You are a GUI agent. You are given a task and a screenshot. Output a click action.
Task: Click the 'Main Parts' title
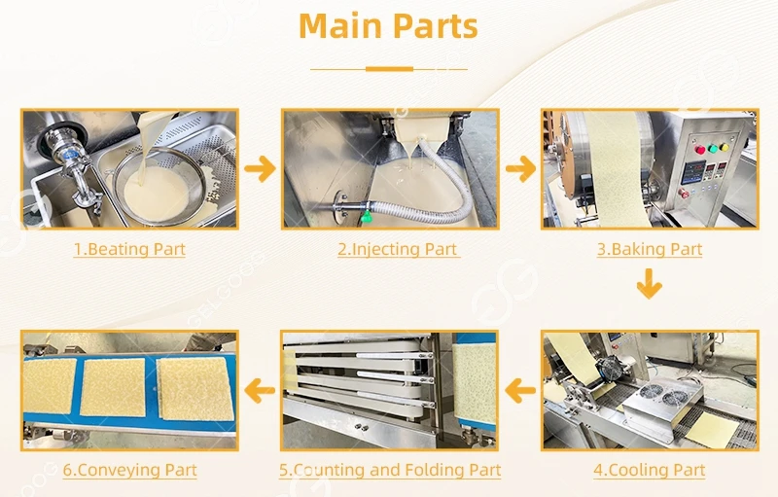pos(388,26)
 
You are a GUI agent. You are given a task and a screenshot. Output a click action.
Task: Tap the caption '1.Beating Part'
pos(129,249)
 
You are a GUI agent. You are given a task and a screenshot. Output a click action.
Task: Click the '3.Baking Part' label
pos(649,249)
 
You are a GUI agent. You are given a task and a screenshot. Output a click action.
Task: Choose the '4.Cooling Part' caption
pos(649,471)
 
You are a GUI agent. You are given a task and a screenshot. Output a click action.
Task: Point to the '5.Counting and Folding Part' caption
pos(390,471)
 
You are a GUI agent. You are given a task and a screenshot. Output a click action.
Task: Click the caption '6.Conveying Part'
pos(129,471)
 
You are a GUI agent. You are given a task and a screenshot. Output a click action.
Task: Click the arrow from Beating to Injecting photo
pos(260,168)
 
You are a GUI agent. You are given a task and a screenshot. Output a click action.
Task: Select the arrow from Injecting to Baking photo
pos(520,168)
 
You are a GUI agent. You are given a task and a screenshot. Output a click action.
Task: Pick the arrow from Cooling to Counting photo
pos(520,391)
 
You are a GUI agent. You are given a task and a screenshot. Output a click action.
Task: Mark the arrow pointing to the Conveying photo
pos(260,391)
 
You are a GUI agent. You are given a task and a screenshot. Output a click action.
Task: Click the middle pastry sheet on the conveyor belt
pos(114,387)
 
